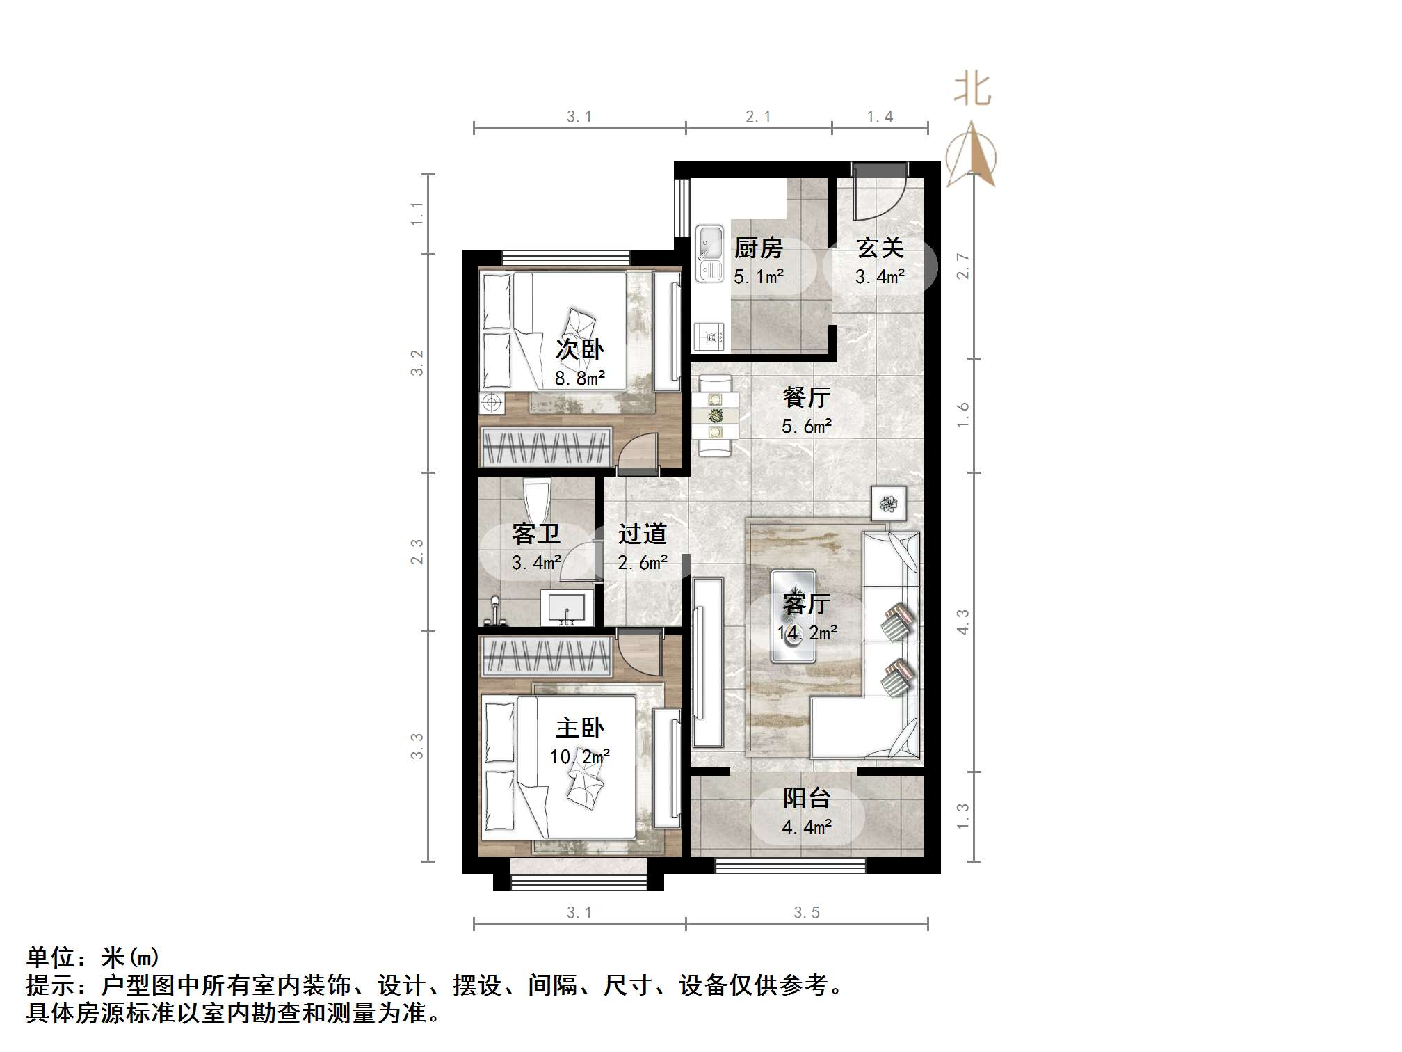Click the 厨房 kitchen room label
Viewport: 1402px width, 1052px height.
tap(758, 248)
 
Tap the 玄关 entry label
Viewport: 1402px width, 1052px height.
tap(880, 248)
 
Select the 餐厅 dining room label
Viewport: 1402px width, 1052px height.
tap(806, 397)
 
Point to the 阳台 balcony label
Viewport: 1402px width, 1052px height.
tap(806, 798)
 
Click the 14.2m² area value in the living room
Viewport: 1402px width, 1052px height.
tap(807, 633)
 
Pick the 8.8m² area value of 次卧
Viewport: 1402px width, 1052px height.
tap(579, 378)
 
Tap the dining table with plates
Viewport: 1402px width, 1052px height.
tap(715, 416)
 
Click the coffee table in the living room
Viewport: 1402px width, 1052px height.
tap(793, 616)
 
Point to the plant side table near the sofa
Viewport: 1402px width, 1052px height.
tap(889, 503)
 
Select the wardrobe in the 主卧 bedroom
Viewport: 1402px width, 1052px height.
tap(547, 656)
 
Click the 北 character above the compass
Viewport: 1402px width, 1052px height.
tap(972, 90)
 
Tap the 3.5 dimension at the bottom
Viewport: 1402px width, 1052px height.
tap(807, 912)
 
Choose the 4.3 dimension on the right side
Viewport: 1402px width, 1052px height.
tap(962, 622)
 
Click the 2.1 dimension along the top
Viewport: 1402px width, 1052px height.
tap(758, 117)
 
